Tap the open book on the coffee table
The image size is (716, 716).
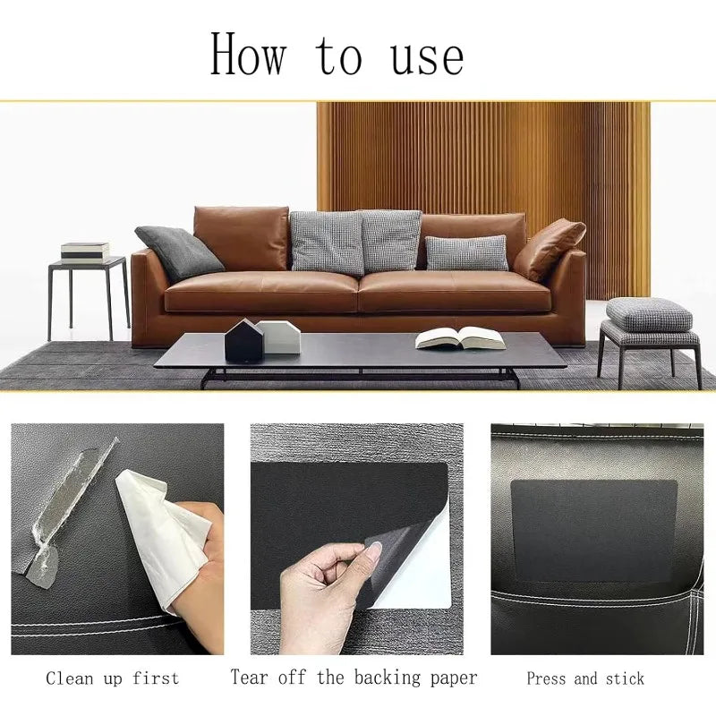pos(460,338)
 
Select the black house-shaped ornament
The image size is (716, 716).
pos(243,341)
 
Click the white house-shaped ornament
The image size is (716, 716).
pos(280,337)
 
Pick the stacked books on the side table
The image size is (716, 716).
pos(85,251)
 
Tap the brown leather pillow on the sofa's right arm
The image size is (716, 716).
pos(549,248)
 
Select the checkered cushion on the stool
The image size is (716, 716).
pos(648,315)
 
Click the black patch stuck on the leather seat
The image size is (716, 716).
pos(593,530)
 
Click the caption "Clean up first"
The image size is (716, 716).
pos(113,678)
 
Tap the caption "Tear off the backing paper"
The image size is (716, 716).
pos(354,678)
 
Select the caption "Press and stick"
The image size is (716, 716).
pos(585,678)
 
